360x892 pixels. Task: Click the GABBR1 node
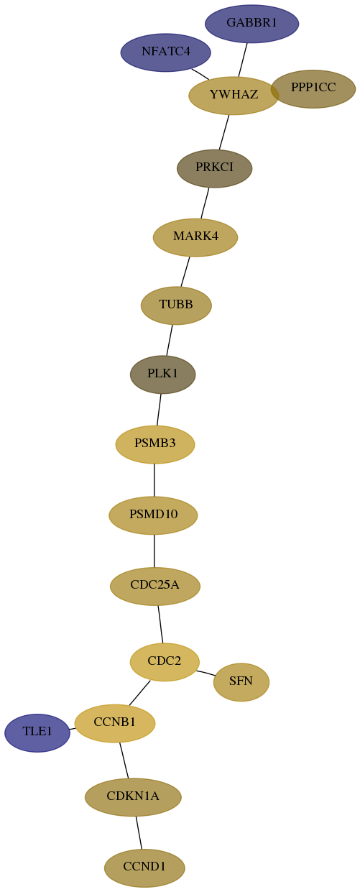pyautogui.click(x=251, y=24)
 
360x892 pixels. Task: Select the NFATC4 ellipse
pyautogui.click(x=166, y=52)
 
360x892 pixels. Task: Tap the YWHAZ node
pyautogui.click(x=234, y=96)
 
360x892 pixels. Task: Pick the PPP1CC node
pyautogui.click(x=313, y=89)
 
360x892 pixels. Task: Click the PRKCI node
pyautogui.click(x=214, y=168)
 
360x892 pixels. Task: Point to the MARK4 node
pyautogui.click(x=195, y=237)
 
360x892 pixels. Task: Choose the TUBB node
pyautogui.click(x=176, y=305)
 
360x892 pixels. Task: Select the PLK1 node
pyautogui.click(x=163, y=374)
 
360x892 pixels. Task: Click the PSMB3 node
pyautogui.click(x=155, y=444)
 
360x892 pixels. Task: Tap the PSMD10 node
pyautogui.click(x=153, y=515)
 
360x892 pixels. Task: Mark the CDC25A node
pyautogui.click(x=155, y=587)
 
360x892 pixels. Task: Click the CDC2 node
pyautogui.click(x=165, y=662)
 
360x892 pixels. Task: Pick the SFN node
pyautogui.click(x=241, y=682)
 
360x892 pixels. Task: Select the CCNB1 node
pyautogui.click(x=115, y=723)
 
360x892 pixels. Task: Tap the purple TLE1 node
pyautogui.click(x=37, y=732)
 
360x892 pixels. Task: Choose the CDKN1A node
pyautogui.click(x=133, y=797)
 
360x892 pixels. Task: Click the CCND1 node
pyautogui.click(x=144, y=868)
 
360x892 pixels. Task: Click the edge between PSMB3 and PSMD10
pyautogui.click(x=154, y=480)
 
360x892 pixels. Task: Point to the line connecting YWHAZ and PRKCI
pyautogui.click(x=224, y=132)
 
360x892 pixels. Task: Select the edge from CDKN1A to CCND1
pyautogui.click(x=139, y=832)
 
